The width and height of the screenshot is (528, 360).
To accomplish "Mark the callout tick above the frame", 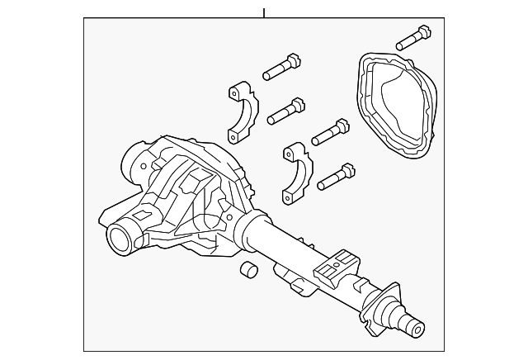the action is (x=264, y=12).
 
